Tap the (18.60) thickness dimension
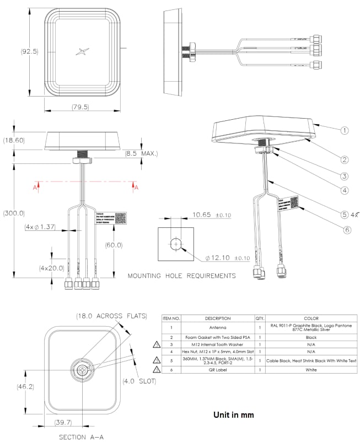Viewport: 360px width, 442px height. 14,141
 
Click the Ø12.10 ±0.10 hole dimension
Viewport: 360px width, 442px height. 227,258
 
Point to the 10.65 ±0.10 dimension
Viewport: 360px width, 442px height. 211,215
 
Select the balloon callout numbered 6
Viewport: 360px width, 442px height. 347,230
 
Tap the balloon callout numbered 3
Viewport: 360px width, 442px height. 343,177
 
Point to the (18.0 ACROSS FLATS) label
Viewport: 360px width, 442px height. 111,316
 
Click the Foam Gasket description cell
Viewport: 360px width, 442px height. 218,337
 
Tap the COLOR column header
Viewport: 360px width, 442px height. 311,318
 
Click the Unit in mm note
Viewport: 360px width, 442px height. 233,414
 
